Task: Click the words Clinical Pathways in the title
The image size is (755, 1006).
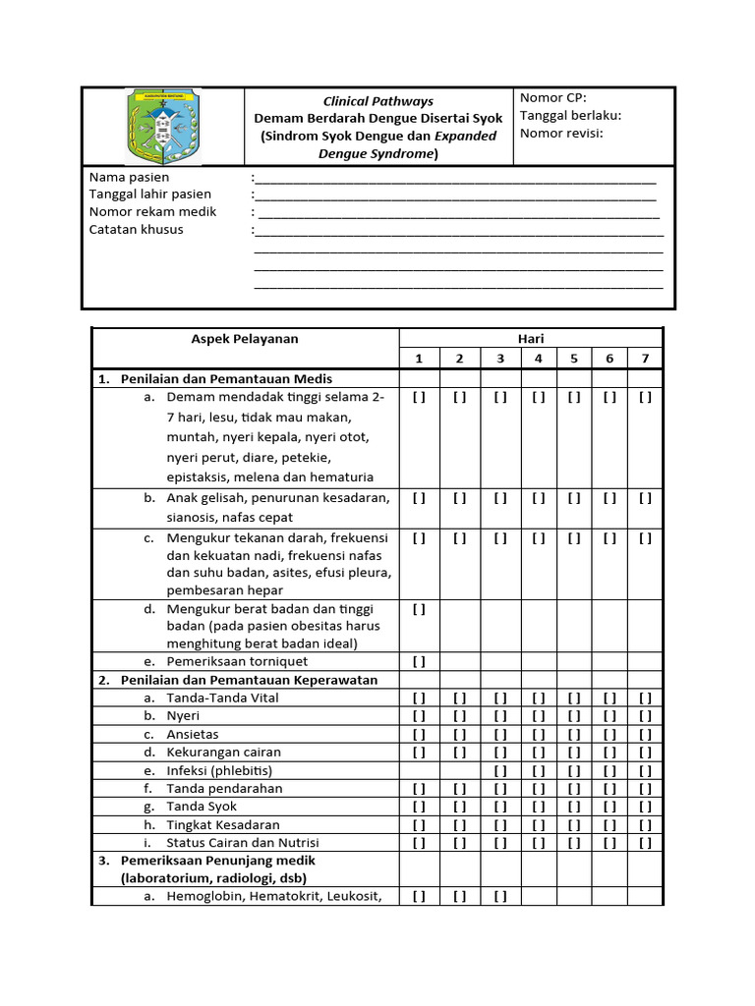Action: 378,101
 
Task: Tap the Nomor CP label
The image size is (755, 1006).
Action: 552,97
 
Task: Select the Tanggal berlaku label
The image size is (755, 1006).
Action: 570,115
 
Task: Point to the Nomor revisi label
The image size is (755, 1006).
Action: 561,133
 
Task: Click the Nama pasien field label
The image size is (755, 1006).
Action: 129,177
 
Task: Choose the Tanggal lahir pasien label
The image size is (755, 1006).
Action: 150,195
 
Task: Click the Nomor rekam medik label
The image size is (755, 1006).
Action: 152,212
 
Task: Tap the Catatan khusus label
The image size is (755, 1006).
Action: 136,230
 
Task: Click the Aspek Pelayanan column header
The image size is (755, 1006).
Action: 245,339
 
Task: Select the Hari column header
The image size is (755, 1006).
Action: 532,339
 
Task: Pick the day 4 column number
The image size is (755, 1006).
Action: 538,359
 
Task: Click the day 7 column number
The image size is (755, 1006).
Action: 645,359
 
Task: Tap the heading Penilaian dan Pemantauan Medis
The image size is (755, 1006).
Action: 226,378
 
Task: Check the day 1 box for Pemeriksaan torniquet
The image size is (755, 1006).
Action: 420,662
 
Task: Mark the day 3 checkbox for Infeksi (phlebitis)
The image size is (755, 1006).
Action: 500,770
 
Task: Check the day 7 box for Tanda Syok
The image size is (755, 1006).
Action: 645,807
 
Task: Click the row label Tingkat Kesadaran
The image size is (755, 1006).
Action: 223,825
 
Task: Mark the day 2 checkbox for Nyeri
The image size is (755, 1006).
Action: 459,716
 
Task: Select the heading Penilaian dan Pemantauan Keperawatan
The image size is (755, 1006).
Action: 249,680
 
